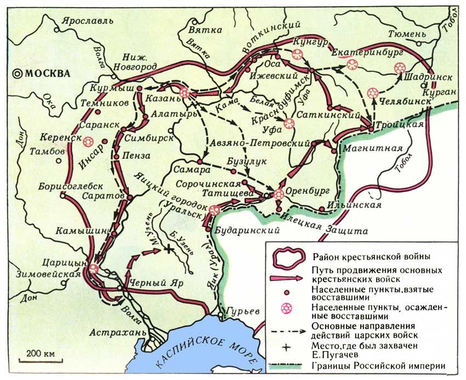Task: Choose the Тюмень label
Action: point(406,34)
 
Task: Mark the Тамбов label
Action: point(45,151)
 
